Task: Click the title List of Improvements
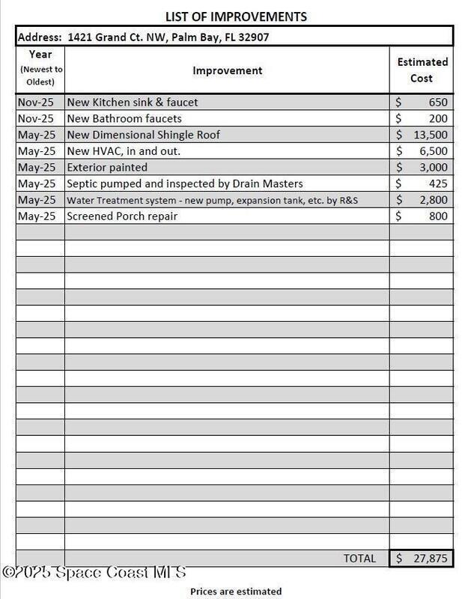coord(235,16)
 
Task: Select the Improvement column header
coord(228,70)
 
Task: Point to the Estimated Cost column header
coord(422,70)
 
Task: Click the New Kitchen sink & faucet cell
coord(133,102)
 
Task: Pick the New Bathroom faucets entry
coord(124,118)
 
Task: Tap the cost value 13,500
coord(431,135)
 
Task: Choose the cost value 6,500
coord(434,150)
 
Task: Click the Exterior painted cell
coord(107,167)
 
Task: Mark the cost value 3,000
coord(434,167)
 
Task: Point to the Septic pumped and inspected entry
coord(185,183)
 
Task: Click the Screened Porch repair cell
coord(122,216)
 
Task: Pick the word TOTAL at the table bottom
coord(359,559)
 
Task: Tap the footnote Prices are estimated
coord(236,592)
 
